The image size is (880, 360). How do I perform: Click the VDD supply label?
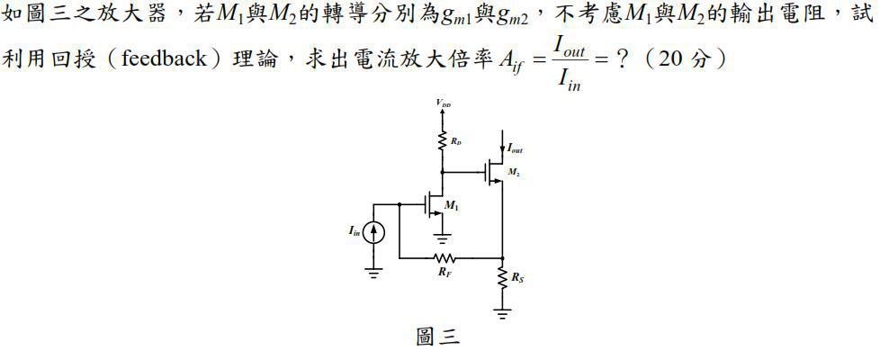pyautogui.click(x=444, y=103)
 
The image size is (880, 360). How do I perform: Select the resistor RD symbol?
pyautogui.click(x=443, y=140)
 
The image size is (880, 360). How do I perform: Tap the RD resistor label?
pyautogui.click(x=457, y=141)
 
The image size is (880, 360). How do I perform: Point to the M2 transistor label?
pyautogui.click(x=515, y=171)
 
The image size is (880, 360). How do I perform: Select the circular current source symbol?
pyautogui.click(x=375, y=232)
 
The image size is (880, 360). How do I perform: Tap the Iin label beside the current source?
pyautogui.click(x=355, y=232)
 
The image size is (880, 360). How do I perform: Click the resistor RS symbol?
pyautogui.click(x=501, y=280)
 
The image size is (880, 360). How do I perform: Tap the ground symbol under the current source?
pyautogui.click(x=375, y=272)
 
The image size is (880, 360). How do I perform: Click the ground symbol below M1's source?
pyautogui.click(x=442, y=238)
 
